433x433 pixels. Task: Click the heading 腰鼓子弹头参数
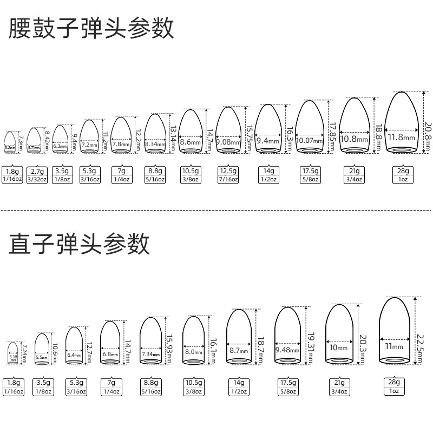pos(91,29)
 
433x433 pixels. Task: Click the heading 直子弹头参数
pos(79,245)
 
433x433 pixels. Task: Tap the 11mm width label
pos(393,346)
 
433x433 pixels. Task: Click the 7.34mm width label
pos(151,353)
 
